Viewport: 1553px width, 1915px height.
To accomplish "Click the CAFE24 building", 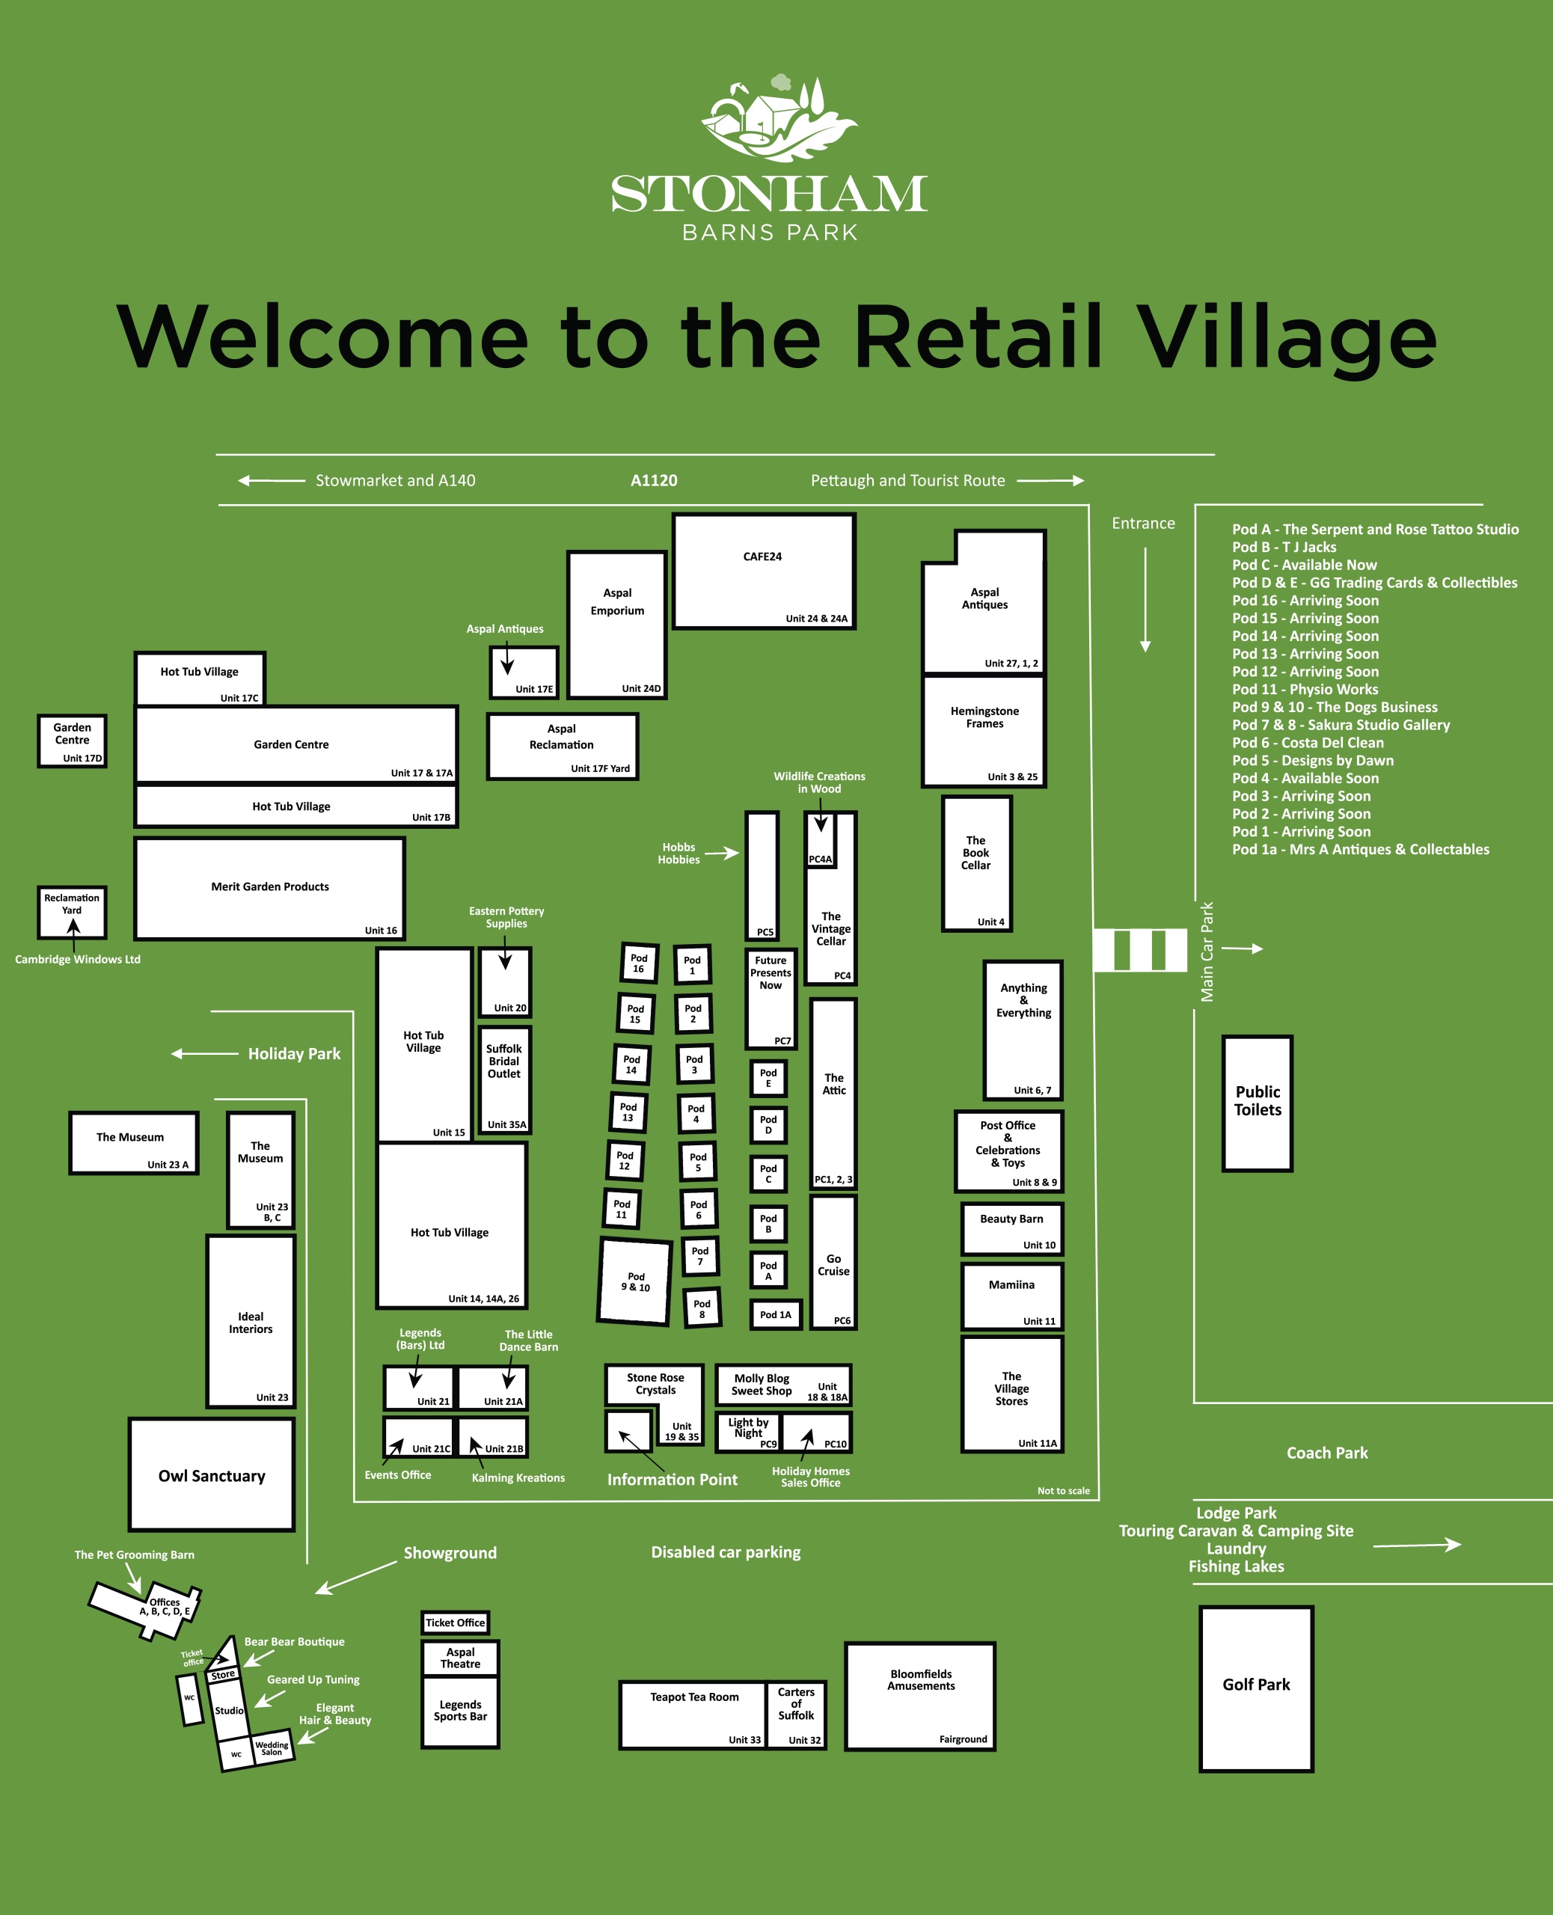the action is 764,572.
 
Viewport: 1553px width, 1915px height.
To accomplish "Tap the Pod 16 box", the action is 639,963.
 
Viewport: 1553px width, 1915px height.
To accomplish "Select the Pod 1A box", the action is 776,1314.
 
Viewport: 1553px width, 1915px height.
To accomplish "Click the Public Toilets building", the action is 1257,1103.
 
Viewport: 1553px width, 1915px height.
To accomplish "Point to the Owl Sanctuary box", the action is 212,1475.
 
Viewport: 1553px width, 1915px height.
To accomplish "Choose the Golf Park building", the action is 1256,1688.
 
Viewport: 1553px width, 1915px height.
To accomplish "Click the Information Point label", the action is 673,1480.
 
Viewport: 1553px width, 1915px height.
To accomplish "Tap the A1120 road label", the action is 654,480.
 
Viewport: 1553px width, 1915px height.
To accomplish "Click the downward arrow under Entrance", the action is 1145,599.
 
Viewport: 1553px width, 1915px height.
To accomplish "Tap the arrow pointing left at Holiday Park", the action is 205,1054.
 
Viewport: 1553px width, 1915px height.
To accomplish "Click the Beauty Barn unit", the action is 1012,1229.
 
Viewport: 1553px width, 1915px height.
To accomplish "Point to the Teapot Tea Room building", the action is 693,1715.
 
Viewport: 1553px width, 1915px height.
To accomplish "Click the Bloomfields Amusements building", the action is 921,1696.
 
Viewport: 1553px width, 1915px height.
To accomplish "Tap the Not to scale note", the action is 1064,1490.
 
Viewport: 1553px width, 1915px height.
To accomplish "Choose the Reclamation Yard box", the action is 73,911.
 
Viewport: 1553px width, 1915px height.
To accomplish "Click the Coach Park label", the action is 1328,1453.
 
